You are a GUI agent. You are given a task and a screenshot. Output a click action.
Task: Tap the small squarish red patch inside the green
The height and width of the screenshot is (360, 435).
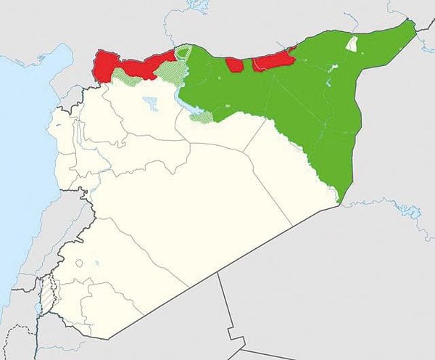click(234, 64)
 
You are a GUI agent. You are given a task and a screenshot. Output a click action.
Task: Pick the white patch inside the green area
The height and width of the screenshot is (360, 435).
click(352, 44)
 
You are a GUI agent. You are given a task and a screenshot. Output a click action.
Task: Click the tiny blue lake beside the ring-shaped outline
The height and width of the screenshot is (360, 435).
click(96, 263)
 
